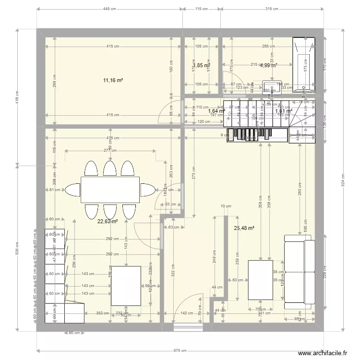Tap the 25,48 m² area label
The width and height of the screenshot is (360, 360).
(x=244, y=228)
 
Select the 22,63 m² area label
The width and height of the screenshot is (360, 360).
(x=108, y=222)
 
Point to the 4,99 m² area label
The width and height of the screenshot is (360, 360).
(x=268, y=65)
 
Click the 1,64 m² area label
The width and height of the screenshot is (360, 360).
(x=216, y=111)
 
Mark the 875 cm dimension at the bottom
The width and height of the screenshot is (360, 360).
(x=180, y=350)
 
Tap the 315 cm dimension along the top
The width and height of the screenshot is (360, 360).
(x=272, y=9)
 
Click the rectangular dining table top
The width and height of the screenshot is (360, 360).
(x=110, y=190)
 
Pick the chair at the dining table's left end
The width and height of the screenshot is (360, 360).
(x=73, y=190)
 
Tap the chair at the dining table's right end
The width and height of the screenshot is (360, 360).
(x=147, y=190)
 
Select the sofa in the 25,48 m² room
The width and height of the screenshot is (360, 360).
(x=300, y=271)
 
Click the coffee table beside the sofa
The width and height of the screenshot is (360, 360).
(x=260, y=280)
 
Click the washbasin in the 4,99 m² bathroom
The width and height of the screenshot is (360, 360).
(x=269, y=88)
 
